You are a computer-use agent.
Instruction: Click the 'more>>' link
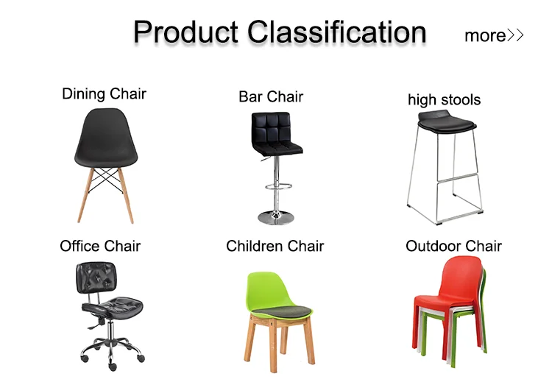pyautogui.click(x=494, y=35)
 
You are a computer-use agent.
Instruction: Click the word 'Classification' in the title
pyautogui.click(x=337, y=32)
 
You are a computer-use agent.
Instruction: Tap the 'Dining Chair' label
pyautogui.click(x=104, y=94)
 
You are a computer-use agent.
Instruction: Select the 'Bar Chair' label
pyautogui.click(x=271, y=97)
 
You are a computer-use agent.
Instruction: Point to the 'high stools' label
pyautogui.click(x=445, y=99)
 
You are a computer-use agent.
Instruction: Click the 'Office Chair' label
pyautogui.click(x=100, y=246)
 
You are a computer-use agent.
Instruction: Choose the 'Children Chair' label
pyautogui.click(x=275, y=246)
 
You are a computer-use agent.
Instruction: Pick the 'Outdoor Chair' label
pyautogui.click(x=454, y=246)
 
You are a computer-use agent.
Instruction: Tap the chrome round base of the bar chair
pyautogui.click(x=276, y=217)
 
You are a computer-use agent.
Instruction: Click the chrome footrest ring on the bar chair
pyautogui.click(x=278, y=186)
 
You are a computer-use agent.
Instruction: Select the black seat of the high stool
pyautogui.click(x=447, y=121)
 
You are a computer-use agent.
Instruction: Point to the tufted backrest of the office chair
pyautogui.click(x=96, y=277)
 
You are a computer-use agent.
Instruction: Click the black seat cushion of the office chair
pyautogui.click(x=113, y=306)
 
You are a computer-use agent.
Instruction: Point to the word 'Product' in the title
pyautogui.click(x=186, y=32)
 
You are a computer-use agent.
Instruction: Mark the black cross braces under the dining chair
pyautogui.click(x=105, y=180)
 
